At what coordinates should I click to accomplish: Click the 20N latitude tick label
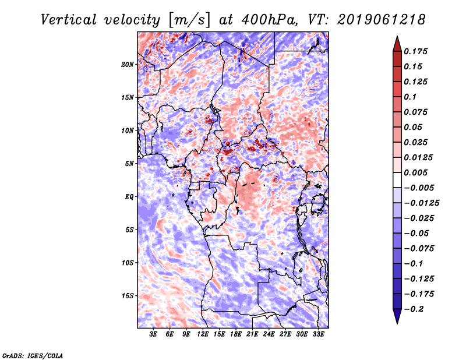(128, 64)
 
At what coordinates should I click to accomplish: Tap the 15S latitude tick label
(128, 296)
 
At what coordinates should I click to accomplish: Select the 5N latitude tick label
(129, 164)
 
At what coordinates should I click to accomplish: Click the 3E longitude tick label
(154, 335)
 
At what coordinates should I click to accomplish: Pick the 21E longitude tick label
(253, 335)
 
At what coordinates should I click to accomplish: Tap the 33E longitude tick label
(319, 335)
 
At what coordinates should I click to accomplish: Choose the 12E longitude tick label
(203, 335)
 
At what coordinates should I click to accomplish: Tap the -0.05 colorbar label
(416, 234)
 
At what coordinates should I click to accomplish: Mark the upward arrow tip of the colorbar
(396, 37)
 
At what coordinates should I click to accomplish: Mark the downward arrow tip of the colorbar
(396, 322)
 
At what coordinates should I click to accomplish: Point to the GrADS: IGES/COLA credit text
(32, 355)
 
